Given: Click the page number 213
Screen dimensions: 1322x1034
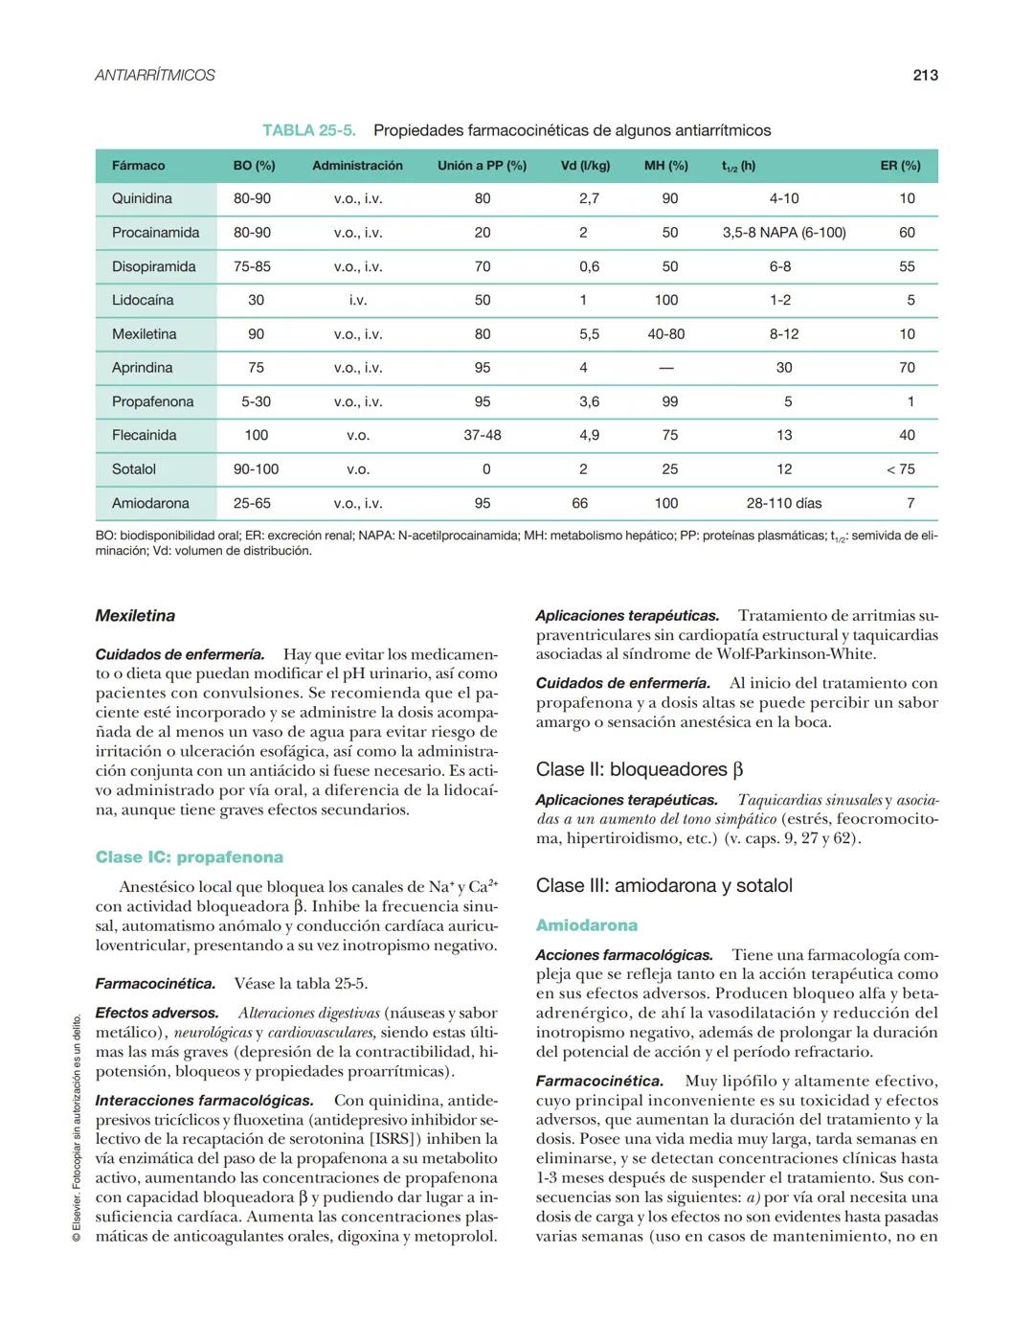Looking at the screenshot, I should pyautogui.click(x=925, y=75).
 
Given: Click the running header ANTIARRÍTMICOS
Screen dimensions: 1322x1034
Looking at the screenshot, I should pyautogui.click(x=155, y=75).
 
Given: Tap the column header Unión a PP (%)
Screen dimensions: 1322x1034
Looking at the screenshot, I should pyautogui.click(x=482, y=166).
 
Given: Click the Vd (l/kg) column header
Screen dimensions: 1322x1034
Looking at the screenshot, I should pyautogui.click(x=585, y=166).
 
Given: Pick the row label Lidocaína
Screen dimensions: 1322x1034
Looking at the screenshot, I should pyautogui.click(x=143, y=300).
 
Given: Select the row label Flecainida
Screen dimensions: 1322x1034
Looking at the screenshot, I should pyautogui.click(x=144, y=435).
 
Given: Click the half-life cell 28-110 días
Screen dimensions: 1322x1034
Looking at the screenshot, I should pyautogui.click(x=783, y=503).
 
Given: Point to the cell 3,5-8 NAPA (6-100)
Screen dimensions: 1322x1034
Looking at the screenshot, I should pyautogui.click(x=783, y=233).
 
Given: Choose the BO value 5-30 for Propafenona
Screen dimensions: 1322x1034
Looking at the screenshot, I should pyautogui.click(x=256, y=401).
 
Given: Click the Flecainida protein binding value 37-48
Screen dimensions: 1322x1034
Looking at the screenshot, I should pyautogui.click(x=482, y=435).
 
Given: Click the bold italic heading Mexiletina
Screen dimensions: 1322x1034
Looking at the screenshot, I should pyautogui.click(x=135, y=616).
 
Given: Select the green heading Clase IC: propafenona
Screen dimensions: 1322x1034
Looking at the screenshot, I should pyautogui.click(x=189, y=857).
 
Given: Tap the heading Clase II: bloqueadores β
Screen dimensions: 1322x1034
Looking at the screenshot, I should pyautogui.click(x=639, y=769).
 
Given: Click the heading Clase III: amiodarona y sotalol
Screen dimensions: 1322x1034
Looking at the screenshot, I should pyautogui.click(x=663, y=885).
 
